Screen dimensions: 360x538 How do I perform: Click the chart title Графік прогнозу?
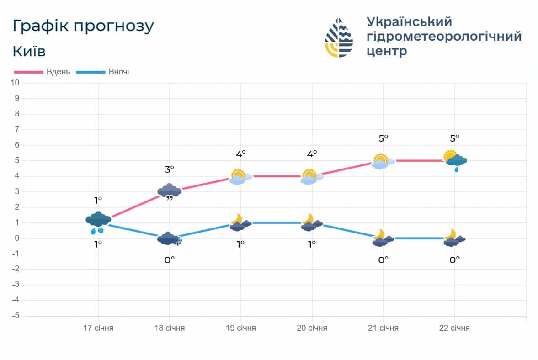coord(83,26)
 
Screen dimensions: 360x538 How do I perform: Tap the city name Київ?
coord(29,51)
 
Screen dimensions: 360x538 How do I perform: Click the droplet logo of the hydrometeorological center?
coord(339,37)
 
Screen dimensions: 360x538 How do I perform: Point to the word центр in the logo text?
coord(386,51)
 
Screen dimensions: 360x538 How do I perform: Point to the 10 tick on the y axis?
coord(15,83)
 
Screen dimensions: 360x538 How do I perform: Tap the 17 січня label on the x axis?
coord(98,328)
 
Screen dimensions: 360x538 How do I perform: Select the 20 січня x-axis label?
coord(312,328)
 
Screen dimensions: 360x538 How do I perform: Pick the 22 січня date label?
coord(454,328)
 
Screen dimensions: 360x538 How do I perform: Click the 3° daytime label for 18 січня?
coord(170,169)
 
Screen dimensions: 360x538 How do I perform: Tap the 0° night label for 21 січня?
coord(383,259)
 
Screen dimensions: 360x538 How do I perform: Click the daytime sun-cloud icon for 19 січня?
coord(240,177)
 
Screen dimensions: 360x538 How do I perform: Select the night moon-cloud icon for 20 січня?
coord(311,223)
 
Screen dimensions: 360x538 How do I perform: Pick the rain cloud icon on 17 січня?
coord(98,221)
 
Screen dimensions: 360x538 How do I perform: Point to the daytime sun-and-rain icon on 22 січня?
coord(455,160)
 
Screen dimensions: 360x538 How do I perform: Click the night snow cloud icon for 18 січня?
coord(170,238)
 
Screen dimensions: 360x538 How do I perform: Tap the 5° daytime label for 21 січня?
coord(383,138)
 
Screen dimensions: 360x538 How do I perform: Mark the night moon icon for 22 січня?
coord(454,238)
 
